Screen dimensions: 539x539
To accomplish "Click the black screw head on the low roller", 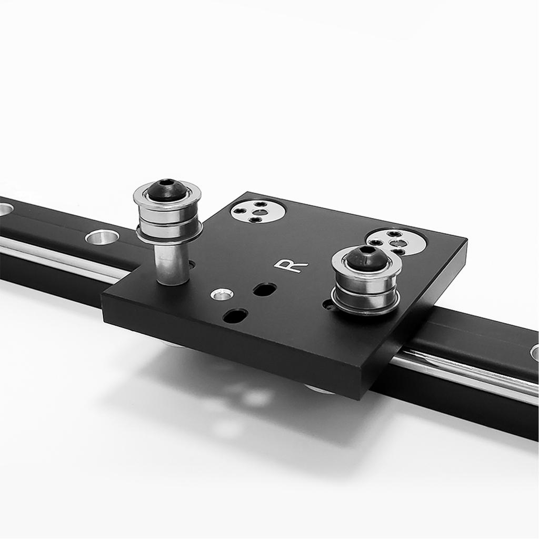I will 366,258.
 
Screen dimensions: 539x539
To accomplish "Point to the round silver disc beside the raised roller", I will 257,212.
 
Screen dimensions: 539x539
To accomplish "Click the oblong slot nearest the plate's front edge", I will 235,316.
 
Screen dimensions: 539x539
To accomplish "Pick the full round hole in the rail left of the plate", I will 102,237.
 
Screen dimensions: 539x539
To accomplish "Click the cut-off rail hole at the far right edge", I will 534,352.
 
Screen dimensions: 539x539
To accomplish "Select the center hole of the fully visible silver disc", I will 257,212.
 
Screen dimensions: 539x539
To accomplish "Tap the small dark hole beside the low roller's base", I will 328,304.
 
